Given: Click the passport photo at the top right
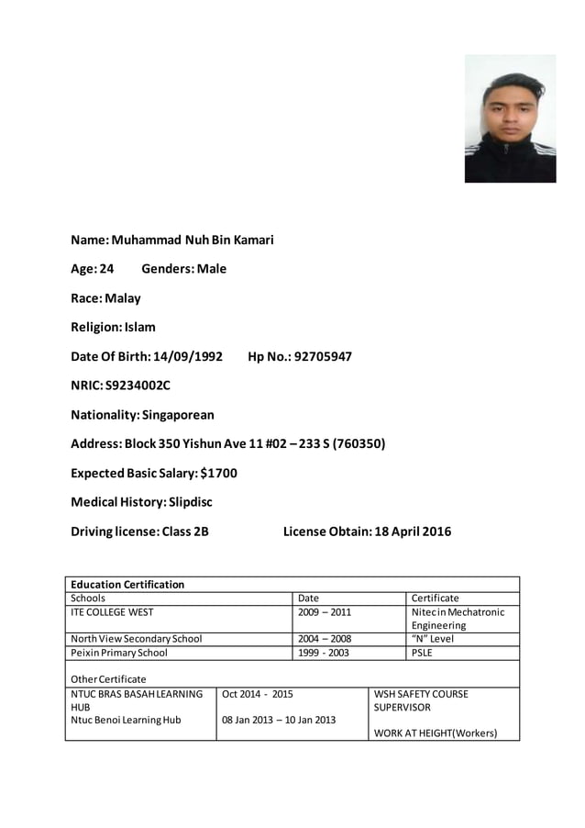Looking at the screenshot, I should point(510,118).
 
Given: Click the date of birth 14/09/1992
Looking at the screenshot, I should point(188,356).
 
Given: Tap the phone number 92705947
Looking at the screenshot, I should point(322,356).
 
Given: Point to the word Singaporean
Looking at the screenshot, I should point(178,415).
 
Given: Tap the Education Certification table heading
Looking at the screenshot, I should point(127,584).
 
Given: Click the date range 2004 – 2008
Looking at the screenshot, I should point(325,639).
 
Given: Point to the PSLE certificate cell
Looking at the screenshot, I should point(422,653).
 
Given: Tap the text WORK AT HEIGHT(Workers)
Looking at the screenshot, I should point(436,733).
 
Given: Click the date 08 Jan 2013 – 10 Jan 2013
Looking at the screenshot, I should point(279,720).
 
